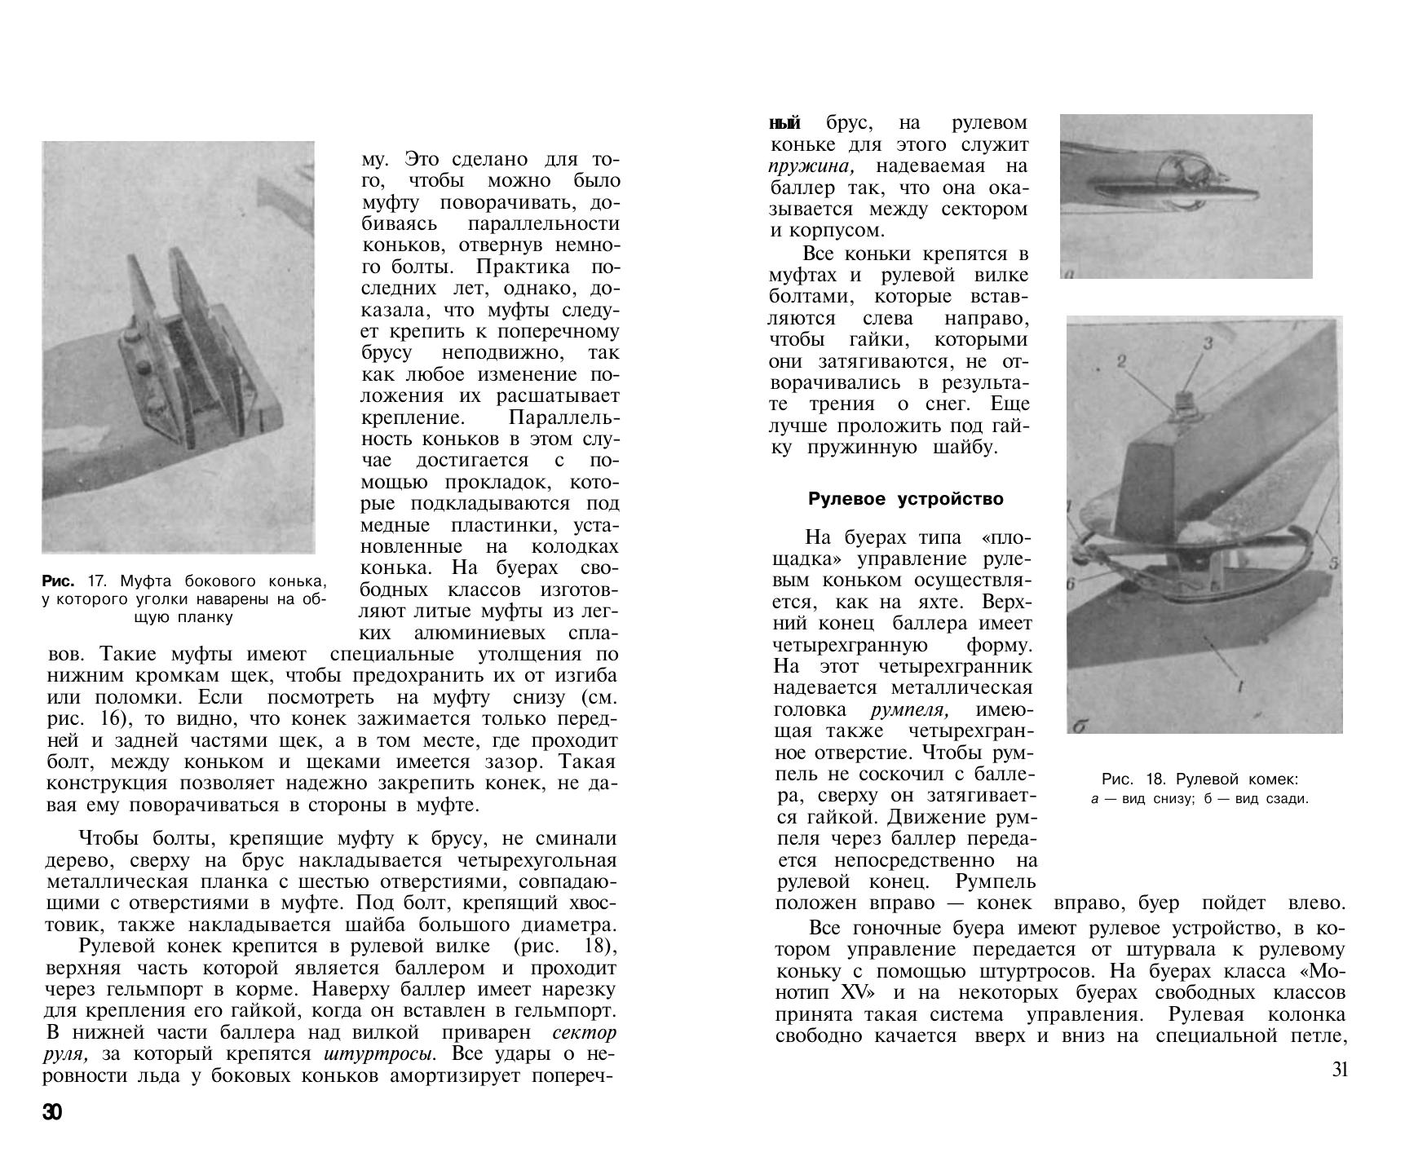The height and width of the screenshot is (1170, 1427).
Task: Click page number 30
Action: pos(52,1113)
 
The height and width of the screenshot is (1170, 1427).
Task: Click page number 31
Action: pos(1340,1070)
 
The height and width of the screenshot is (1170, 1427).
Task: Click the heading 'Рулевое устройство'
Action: pos(905,498)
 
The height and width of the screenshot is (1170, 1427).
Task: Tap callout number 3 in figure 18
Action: pos(1208,343)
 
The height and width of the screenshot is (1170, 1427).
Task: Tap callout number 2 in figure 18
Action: pos(1121,360)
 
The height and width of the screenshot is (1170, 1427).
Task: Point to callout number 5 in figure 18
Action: pos(1334,563)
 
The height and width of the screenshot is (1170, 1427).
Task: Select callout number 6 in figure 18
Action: pos(1071,585)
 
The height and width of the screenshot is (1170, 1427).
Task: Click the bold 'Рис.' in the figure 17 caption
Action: pos(58,581)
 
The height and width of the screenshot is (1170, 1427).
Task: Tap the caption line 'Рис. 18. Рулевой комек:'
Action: pos(1199,779)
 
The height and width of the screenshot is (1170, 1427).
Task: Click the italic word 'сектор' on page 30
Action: pos(584,1032)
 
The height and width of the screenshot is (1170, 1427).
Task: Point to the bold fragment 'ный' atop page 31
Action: pos(785,123)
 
